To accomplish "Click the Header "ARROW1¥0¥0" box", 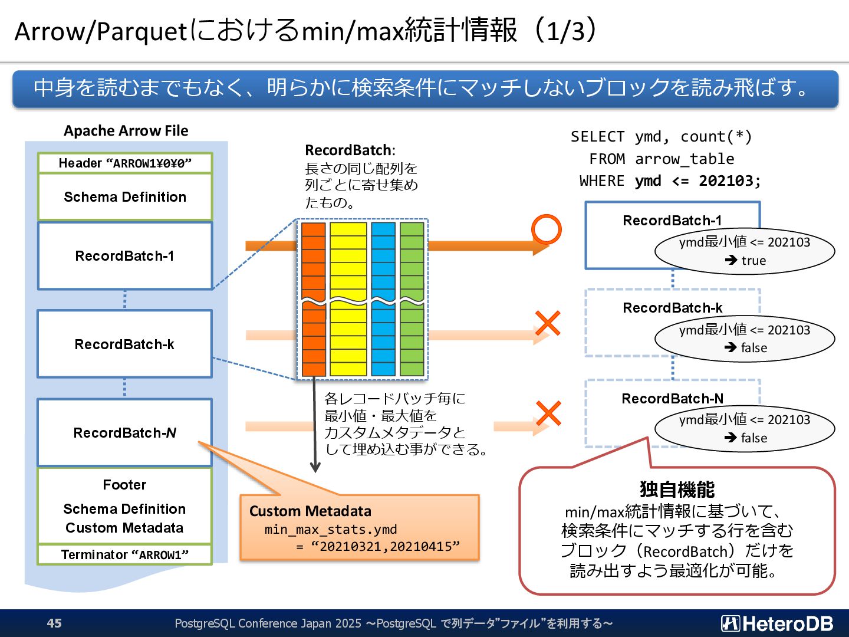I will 124,163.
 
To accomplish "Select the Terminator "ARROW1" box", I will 124,554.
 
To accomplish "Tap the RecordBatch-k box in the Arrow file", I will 124,344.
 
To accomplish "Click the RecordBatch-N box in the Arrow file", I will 124,432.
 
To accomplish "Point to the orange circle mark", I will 547,229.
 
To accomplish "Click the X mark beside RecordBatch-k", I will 548,323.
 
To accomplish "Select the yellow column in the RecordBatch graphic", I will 348,299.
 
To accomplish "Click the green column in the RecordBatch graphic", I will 412,299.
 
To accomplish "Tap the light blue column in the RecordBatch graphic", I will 383,299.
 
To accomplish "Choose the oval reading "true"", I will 745,251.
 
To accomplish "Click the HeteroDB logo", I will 777,623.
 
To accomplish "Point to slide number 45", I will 54,623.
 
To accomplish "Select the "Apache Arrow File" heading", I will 126,131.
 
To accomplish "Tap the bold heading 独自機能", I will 677,490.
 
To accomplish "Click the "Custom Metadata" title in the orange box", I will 310,511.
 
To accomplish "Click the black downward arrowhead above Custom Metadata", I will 315,467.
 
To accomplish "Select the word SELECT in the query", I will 597,137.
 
